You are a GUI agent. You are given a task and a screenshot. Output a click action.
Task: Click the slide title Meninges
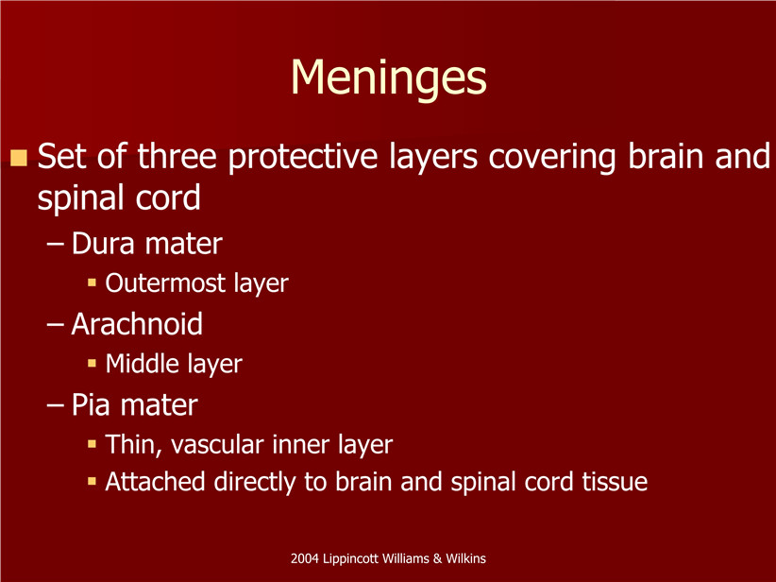point(389,78)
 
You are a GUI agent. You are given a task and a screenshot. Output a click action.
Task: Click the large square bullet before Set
point(19,158)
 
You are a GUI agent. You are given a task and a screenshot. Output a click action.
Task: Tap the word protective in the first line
point(303,158)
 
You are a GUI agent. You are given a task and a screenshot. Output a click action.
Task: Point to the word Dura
point(103,244)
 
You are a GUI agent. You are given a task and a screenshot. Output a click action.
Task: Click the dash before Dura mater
point(55,245)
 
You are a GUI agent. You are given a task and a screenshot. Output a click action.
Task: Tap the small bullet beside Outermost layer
point(92,282)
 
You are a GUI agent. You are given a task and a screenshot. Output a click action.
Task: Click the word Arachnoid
point(137,324)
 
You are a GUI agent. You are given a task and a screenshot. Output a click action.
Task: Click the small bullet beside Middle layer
point(92,363)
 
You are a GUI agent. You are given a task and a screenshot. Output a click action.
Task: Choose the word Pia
point(91,404)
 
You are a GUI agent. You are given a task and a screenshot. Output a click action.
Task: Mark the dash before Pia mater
point(55,405)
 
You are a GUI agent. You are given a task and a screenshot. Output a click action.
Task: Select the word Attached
point(155,482)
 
